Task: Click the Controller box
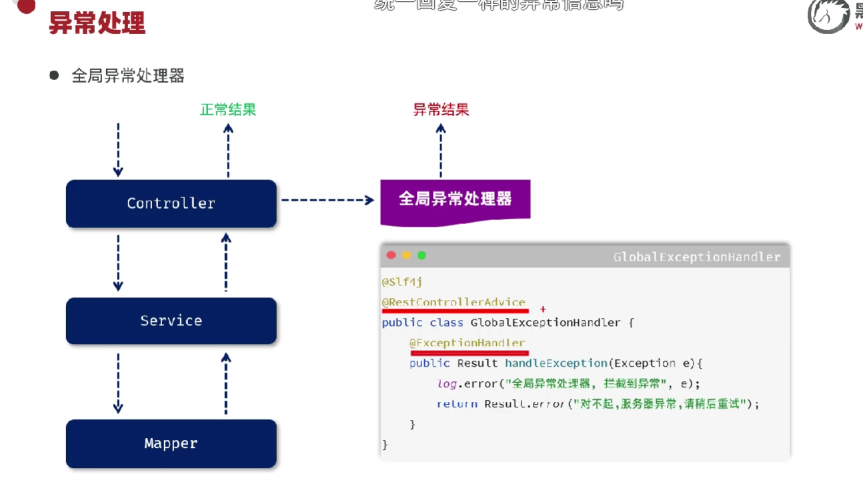(171, 203)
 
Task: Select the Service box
(171, 321)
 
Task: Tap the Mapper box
(171, 443)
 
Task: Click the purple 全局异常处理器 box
(455, 199)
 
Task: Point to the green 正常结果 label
(228, 109)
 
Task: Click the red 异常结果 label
(441, 109)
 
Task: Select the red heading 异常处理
(97, 23)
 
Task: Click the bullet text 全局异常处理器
(127, 76)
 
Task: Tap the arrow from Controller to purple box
(327, 199)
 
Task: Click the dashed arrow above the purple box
(440, 150)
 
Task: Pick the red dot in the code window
(391, 255)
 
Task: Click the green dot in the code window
(421, 255)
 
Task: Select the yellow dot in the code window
(406, 255)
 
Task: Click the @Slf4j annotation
(401, 282)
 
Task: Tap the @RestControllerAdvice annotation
(454, 302)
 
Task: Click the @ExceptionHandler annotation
(467, 343)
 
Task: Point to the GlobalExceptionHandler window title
(696, 257)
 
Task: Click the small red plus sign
(543, 309)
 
